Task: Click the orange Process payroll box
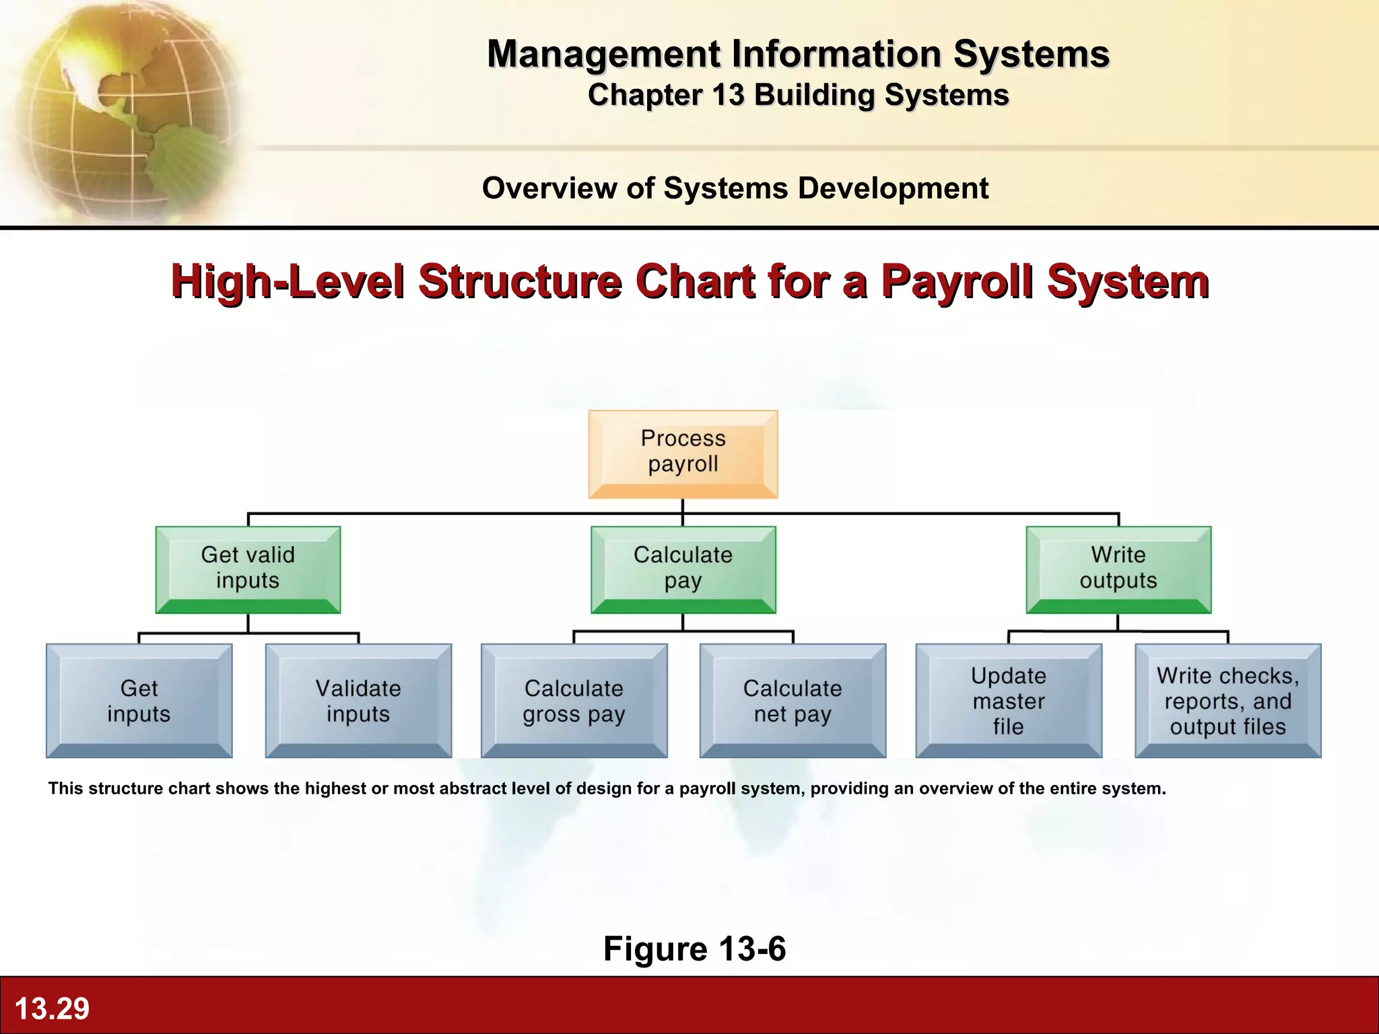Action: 683,453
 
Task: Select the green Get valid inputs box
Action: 248,569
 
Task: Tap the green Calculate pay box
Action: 683,569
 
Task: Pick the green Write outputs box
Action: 1118,569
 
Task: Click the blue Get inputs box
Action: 139,701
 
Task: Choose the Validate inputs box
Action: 358,701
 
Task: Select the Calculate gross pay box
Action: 574,701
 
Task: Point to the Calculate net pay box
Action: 793,701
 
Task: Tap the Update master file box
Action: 1008,701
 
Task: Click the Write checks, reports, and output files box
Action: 1227,701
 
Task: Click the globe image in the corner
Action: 121,108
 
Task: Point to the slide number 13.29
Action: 52,1008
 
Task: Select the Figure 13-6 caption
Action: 694,949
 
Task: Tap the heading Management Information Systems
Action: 798,54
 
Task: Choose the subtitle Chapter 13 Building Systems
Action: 798,95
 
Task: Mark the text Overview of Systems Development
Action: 735,188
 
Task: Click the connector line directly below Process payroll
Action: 683,506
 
